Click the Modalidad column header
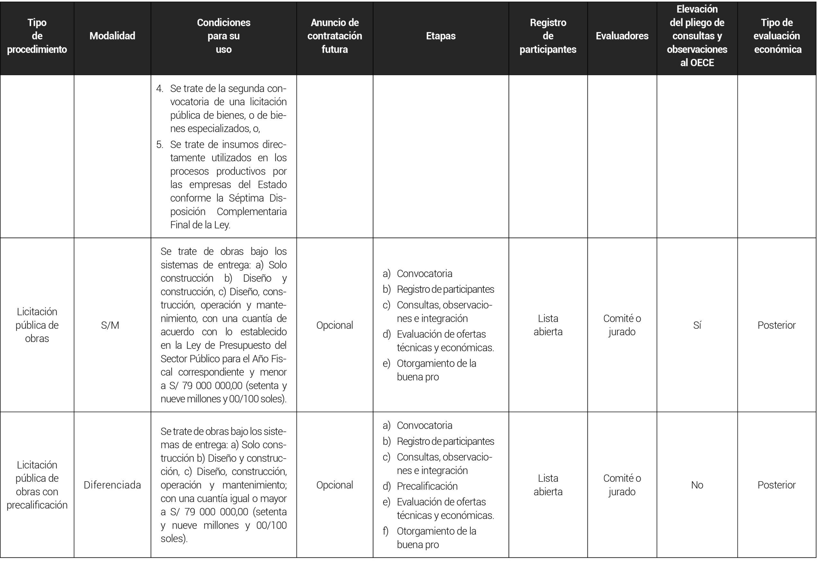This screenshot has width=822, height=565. tap(112, 36)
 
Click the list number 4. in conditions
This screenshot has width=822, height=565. tap(160, 88)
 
